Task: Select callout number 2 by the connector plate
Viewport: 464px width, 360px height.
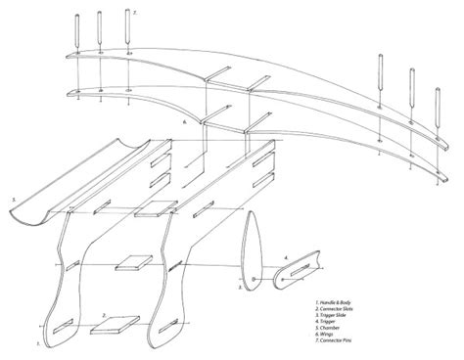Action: (104, 316)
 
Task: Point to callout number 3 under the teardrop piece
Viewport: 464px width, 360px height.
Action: (240, 290)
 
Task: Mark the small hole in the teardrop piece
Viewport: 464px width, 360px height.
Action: (253, 279)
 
